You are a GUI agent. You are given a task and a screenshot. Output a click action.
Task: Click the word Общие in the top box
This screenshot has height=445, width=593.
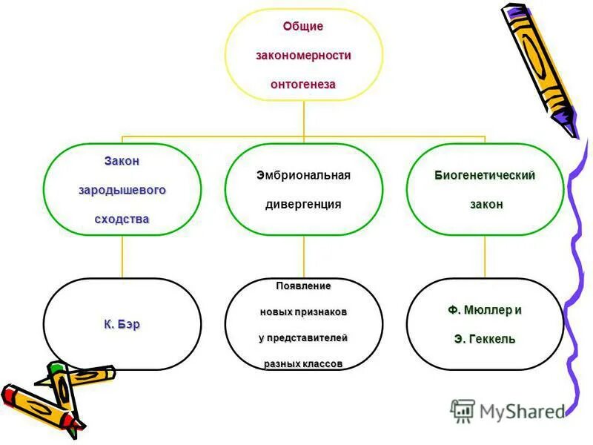click(x=303, y=27)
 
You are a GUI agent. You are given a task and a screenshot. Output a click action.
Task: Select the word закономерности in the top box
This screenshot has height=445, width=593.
click(x=303, y=56)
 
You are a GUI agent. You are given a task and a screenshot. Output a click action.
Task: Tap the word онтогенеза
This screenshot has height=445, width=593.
click(x=303, y=85)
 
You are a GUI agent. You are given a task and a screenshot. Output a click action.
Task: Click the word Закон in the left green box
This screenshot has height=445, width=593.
click(x=122, y=161)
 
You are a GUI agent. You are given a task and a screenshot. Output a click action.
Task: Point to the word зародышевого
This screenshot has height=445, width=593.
click(x=122, y=190)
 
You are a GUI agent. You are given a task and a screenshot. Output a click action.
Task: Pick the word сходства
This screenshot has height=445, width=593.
click(x=122, y=219)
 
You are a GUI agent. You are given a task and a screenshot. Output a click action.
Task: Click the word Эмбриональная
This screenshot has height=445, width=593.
click(x=303, y=175)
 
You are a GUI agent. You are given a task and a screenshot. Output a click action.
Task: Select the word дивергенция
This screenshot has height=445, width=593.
click(x=303, y=204)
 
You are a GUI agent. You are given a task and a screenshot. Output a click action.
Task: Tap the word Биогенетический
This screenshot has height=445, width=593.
click(x=485, y=175)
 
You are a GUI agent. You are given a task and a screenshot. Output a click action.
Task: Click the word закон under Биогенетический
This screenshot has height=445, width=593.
click(x=486, y=204)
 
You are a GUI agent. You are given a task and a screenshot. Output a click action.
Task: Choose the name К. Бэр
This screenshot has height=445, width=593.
click(x=122, y=324)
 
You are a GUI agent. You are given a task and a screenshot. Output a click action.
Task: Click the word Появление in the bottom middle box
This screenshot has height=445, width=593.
click(x=303, y=286)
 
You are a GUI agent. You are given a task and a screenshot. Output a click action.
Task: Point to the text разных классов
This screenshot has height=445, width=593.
click(x=303, y=363)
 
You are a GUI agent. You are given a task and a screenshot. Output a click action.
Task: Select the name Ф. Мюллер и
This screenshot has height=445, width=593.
click(x=485, y=309)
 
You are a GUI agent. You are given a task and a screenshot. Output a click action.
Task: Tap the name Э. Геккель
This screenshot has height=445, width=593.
click(x=485, y=339)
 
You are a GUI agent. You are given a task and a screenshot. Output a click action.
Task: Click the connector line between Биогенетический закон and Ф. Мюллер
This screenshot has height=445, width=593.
click(x=485, y=257)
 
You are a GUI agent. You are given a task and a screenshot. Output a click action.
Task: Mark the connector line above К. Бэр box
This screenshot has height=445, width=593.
click(x=122, y=257)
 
